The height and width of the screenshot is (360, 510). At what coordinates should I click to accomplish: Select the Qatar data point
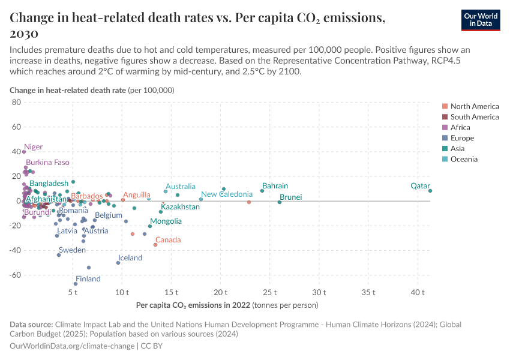(x=430, y=191)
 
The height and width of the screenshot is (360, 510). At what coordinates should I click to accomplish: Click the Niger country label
(x=33, y=147)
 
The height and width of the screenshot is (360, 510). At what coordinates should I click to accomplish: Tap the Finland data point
(x=76, y=284)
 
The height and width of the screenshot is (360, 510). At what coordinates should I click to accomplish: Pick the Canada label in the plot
(x=168, y=240)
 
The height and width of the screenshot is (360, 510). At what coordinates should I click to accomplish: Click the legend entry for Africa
(x=460, y=127)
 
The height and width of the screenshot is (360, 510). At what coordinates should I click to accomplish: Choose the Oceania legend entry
(x=464, y=159)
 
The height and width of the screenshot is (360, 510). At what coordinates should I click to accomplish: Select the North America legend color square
(x=445, y=106)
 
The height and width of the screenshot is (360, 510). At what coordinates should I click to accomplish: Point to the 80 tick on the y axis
(x=16, y=103)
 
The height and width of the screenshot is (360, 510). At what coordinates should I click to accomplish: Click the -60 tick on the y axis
(x=14, y=275)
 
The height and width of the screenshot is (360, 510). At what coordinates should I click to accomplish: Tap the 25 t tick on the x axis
(x=269, y=292)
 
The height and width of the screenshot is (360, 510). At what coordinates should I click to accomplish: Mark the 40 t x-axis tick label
(x=417, y=292)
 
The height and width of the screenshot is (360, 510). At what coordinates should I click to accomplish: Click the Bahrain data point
(x=262, y=191)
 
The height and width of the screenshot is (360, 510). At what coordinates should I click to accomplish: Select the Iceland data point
(x=118, y=263)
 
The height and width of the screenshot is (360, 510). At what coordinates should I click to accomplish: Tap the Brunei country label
(x=290, y=197)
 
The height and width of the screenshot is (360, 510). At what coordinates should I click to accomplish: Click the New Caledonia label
(x=227, y=194)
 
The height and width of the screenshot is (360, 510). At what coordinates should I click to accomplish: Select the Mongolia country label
(x=166, y=221)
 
